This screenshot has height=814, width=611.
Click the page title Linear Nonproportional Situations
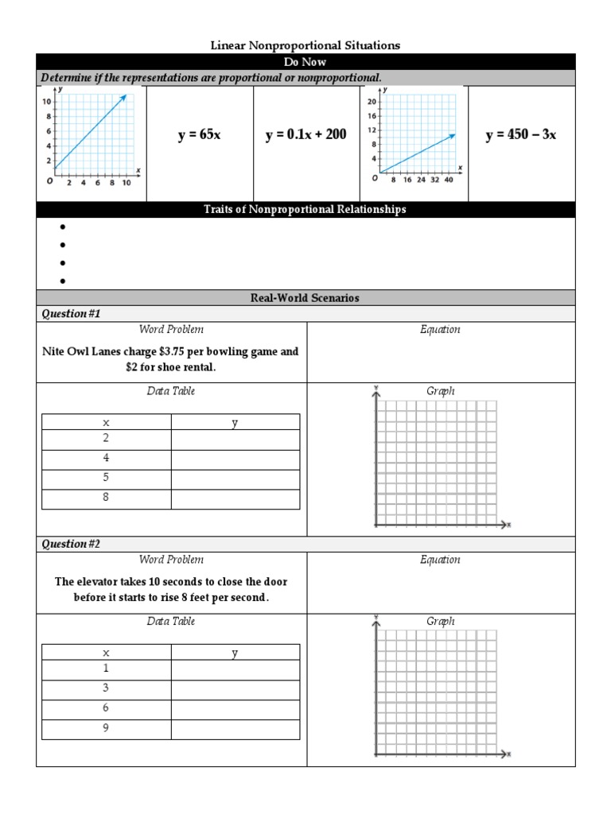pyautogui.click(x=305, y=45)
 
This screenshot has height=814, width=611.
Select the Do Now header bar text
pyautogui.click(x=305, y=61)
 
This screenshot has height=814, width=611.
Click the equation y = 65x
pyautogui.click(x=199, y=135)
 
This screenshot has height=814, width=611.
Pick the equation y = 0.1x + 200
pyautogui.click(x=305, y=135)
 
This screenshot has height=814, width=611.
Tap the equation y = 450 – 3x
pyautogui.click(x=520, y=135)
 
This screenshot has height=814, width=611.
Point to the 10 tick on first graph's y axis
pyautogui.click(x=48, y=102)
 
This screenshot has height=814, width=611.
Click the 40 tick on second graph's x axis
pyautogui.click(x=449, y=180)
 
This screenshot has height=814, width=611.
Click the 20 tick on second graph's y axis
pyautogui.click(x=372, y=102)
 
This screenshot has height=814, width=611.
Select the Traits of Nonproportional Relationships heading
pyautogui.click(x=305, y=209)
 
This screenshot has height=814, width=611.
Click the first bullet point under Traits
pyautogui.click(x=61, y=227)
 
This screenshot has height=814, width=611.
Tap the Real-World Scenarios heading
pyautogui.click(x=305, y=297)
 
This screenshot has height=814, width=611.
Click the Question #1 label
pyautogui.click(x=71, y=313)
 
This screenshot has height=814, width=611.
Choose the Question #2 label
pyautogui.click(x=72, y=544)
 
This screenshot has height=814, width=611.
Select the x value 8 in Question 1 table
pyautogui.click(x=106, y=498)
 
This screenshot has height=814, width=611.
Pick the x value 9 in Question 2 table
pyautogui.click(x=106, y=728)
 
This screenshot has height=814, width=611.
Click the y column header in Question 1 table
pyautogui.click(x=235, y=423)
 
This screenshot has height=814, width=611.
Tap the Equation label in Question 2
pyautogui.click(x=440, y=560)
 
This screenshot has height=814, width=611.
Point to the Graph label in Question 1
pyautogui.click(x=440, y=391)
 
